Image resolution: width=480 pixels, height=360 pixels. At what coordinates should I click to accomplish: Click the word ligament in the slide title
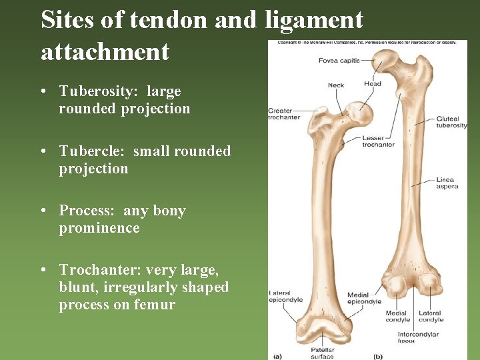tap(314, 20)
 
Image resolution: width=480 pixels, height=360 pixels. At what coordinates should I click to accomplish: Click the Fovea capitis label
tap(339, 61)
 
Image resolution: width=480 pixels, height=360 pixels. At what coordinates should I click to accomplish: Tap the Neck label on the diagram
tap(336, 85)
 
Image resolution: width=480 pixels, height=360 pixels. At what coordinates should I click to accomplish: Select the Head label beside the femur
tap(372, 84)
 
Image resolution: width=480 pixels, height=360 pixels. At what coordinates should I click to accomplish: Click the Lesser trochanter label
tap(378, 141)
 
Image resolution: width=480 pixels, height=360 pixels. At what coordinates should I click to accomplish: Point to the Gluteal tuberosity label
tap(451, 123)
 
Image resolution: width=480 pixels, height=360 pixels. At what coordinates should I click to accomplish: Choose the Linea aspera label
tap(447, 183)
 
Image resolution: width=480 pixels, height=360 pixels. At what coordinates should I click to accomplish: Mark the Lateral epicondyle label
tap(285, 297)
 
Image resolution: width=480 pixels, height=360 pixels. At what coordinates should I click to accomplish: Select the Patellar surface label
tap(322, 352)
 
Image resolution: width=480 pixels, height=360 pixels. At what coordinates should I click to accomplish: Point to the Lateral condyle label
tap(431, 316)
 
